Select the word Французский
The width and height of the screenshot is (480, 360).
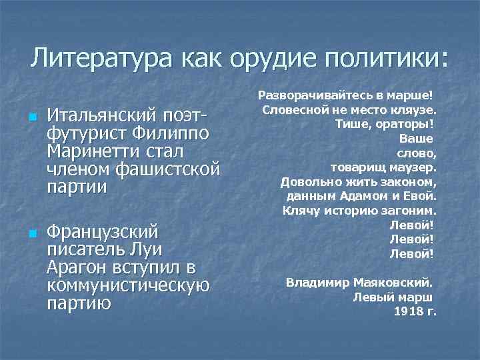[103, 233]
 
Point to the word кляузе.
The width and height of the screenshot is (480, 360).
[413, 109]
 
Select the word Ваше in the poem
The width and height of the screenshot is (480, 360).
[417, 139]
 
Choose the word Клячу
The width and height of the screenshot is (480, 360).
[301, 210]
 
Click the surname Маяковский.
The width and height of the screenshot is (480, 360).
[396, 282]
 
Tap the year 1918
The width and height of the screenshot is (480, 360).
[408, 311]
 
